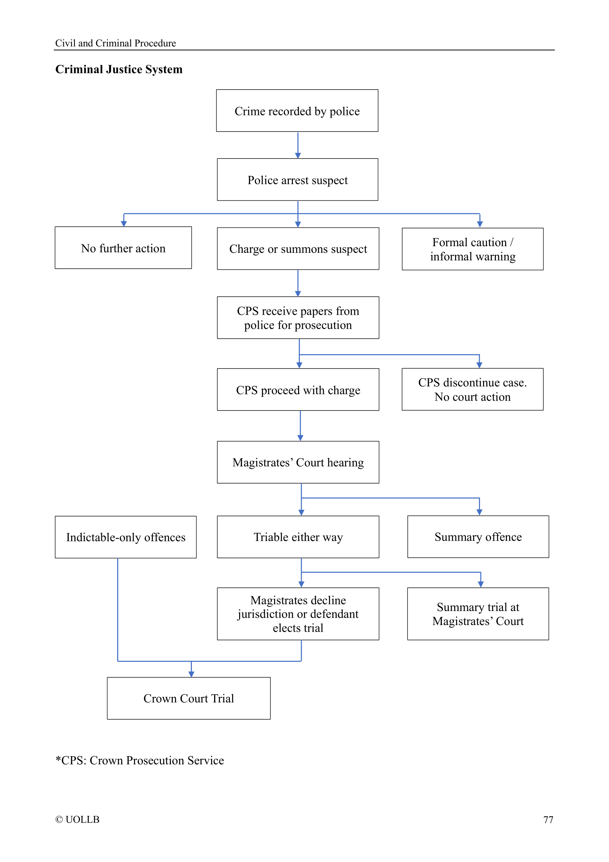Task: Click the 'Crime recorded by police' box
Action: pos(297,111)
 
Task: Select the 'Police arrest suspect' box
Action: pos(297,180)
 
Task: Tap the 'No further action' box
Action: pos(123,248)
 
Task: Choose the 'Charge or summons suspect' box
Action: pos(298,248)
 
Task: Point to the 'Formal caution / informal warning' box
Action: pos(472,249)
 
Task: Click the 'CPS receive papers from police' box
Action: pos(298,318)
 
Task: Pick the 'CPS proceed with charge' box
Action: pos(298,390)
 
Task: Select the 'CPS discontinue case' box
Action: pos(472,389)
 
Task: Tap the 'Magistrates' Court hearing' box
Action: pos(298,462)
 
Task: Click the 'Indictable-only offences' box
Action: pos(126,537)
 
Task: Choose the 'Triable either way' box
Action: pos(298,537)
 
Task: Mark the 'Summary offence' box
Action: pos(478,537)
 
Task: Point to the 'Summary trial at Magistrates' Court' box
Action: pos(478,614)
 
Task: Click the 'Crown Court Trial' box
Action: pos(188,698)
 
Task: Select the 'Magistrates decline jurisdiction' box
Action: pos(298,614)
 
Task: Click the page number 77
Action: pos(548,820)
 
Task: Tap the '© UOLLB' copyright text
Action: pos(77,819)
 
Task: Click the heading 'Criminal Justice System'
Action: pos(119,69)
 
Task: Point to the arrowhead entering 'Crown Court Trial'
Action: pos(191,674)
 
